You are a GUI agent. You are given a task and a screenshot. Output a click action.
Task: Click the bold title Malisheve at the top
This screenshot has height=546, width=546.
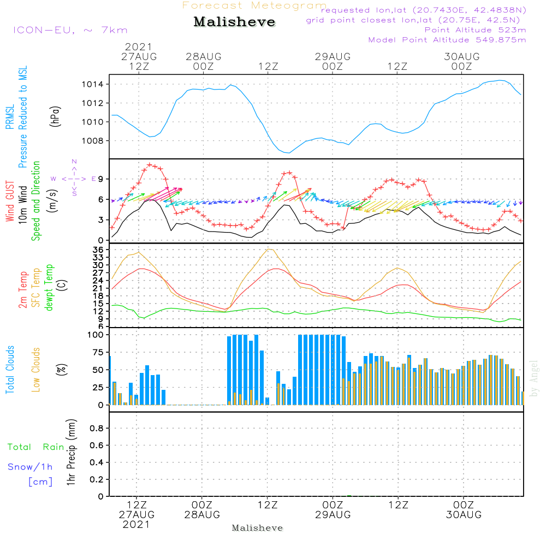pos(234,22)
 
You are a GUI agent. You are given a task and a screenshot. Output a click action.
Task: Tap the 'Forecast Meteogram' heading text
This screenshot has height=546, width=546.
pos(254,5)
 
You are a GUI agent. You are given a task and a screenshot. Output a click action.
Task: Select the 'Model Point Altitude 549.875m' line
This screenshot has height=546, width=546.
pos(447,40)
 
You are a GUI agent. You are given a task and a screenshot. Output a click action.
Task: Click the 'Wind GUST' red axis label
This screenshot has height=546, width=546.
pos(10,203)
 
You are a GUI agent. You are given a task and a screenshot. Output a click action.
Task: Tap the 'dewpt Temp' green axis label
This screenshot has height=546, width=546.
pos(49,288)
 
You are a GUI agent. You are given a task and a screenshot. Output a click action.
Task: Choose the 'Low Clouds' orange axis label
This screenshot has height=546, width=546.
pos(36,369)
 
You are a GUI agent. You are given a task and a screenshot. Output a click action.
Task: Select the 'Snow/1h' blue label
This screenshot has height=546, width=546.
pos(30,467)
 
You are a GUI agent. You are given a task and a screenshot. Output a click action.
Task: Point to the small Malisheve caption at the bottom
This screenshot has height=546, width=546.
pos(257,528)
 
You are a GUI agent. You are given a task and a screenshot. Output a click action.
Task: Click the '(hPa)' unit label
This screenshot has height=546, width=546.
pos(55,116)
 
